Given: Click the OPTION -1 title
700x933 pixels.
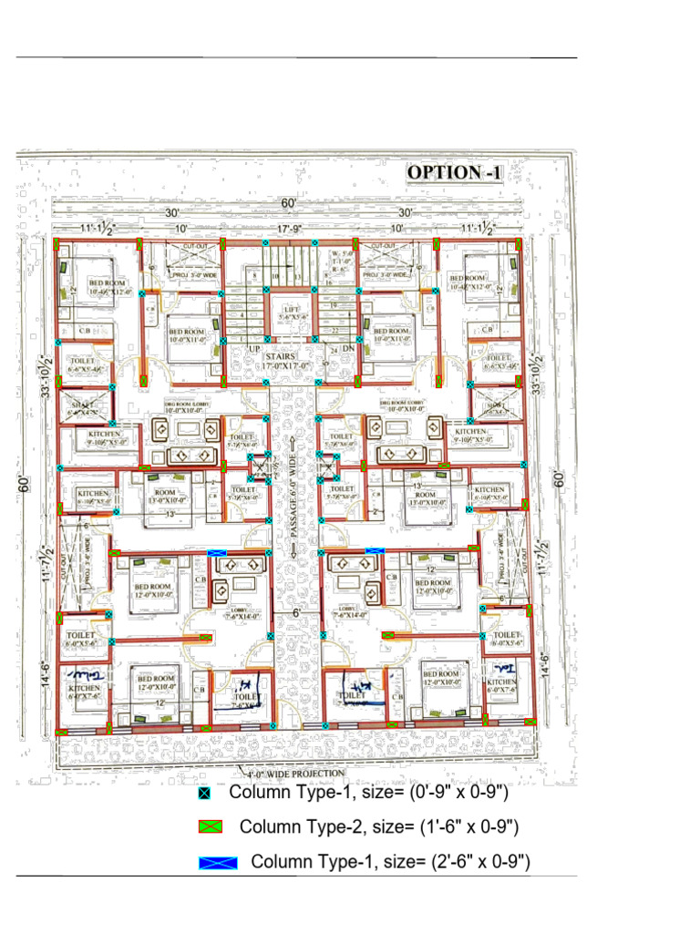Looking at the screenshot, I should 454,172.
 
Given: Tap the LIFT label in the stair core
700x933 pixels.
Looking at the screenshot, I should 291,310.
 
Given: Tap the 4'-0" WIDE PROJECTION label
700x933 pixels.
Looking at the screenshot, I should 296,774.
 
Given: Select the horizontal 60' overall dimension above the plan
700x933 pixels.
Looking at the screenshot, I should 289,202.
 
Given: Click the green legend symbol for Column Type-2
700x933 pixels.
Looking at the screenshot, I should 211,827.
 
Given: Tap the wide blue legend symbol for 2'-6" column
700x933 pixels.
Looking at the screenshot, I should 219,863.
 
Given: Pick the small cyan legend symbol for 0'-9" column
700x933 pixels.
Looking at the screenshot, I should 204,794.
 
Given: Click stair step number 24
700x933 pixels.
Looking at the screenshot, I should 334,350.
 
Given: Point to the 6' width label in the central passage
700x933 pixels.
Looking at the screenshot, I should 295,614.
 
